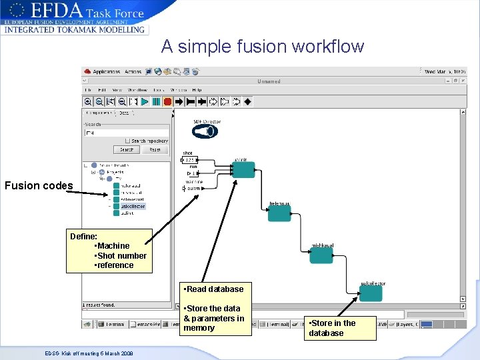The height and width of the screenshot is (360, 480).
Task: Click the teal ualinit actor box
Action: [x=244, y=169]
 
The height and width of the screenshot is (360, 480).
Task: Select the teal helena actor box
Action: [x=279, y=213]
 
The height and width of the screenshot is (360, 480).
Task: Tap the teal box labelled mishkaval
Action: [x=321, y=255]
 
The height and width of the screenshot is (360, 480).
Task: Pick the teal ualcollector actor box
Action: [x=371, y=293]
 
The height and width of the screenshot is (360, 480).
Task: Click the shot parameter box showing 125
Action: [x=190, y=160]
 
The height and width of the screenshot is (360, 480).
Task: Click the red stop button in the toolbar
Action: [x=167, y=101]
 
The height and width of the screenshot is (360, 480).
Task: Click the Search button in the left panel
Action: [x=127, y=150]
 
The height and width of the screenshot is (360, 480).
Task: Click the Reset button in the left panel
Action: [x=155, y=150]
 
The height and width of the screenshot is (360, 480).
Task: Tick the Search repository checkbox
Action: [x=128, y=141]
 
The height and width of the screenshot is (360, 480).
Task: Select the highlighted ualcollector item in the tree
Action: [x=132, y=206]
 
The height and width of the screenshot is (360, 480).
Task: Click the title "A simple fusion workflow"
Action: [x=262, y=47]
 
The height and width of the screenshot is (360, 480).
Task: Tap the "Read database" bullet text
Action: [x=214, y=289]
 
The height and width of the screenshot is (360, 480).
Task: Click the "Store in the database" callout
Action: [x=341, y=328]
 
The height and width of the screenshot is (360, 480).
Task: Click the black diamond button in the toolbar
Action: [x=247, y=101]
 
